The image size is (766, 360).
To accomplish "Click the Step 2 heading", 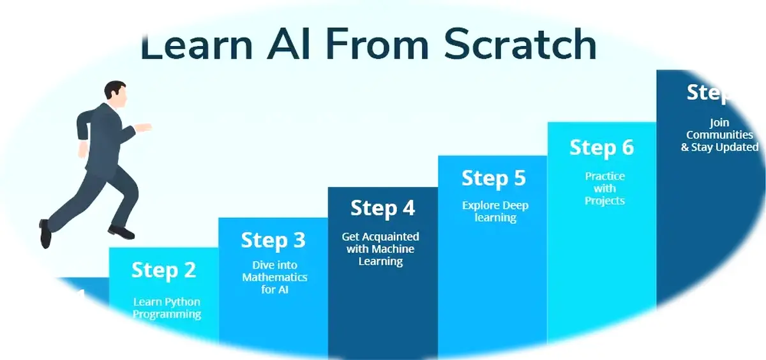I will [x=163, y=270].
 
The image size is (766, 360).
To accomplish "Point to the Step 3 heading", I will [x=273, y=240].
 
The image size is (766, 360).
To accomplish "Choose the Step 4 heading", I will [x=382, y=208].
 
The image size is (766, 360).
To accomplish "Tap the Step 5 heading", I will [x=493, y=178].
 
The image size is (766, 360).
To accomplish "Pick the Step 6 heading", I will [x=601, y=148].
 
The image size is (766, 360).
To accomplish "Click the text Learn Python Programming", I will [x=167, y=308].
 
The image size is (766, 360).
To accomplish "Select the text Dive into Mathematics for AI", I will [x=274, y=278].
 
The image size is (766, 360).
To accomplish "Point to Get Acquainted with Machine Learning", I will [x=380, y=249].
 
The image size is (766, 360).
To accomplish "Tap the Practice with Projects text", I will [x=605, y=188].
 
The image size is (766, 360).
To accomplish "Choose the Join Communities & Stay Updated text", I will [x=719, y=135].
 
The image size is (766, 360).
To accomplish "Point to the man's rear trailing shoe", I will [x=45, y=234].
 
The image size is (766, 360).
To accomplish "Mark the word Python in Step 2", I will [x=183, y=302].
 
